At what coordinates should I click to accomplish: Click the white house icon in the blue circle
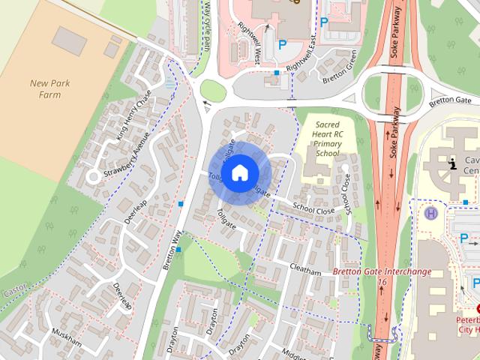[238, 172]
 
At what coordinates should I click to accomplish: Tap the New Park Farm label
[50, 88]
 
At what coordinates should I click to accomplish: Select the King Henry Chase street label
[135, 115]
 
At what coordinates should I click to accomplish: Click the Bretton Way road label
[172, 249]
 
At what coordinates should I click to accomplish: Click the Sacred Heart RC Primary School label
[328, 138]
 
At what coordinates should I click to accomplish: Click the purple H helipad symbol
[431, 213]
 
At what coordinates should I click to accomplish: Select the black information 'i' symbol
[451, 164]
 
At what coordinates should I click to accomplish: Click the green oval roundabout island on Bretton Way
[214, 91]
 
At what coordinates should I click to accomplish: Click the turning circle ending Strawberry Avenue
[93, 177]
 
